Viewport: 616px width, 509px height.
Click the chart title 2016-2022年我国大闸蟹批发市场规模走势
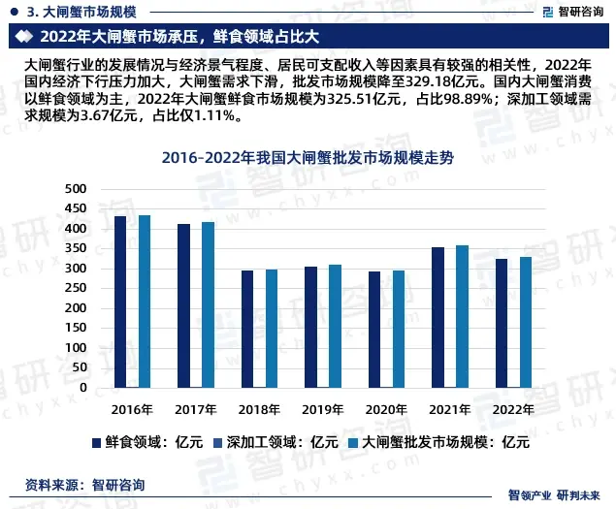308,157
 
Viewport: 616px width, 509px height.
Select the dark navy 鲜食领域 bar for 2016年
120,302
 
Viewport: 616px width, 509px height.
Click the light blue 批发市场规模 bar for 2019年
335,326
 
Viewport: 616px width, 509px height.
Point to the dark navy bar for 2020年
374,330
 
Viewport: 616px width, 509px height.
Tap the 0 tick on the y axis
83,388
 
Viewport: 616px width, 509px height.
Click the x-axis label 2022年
512,409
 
